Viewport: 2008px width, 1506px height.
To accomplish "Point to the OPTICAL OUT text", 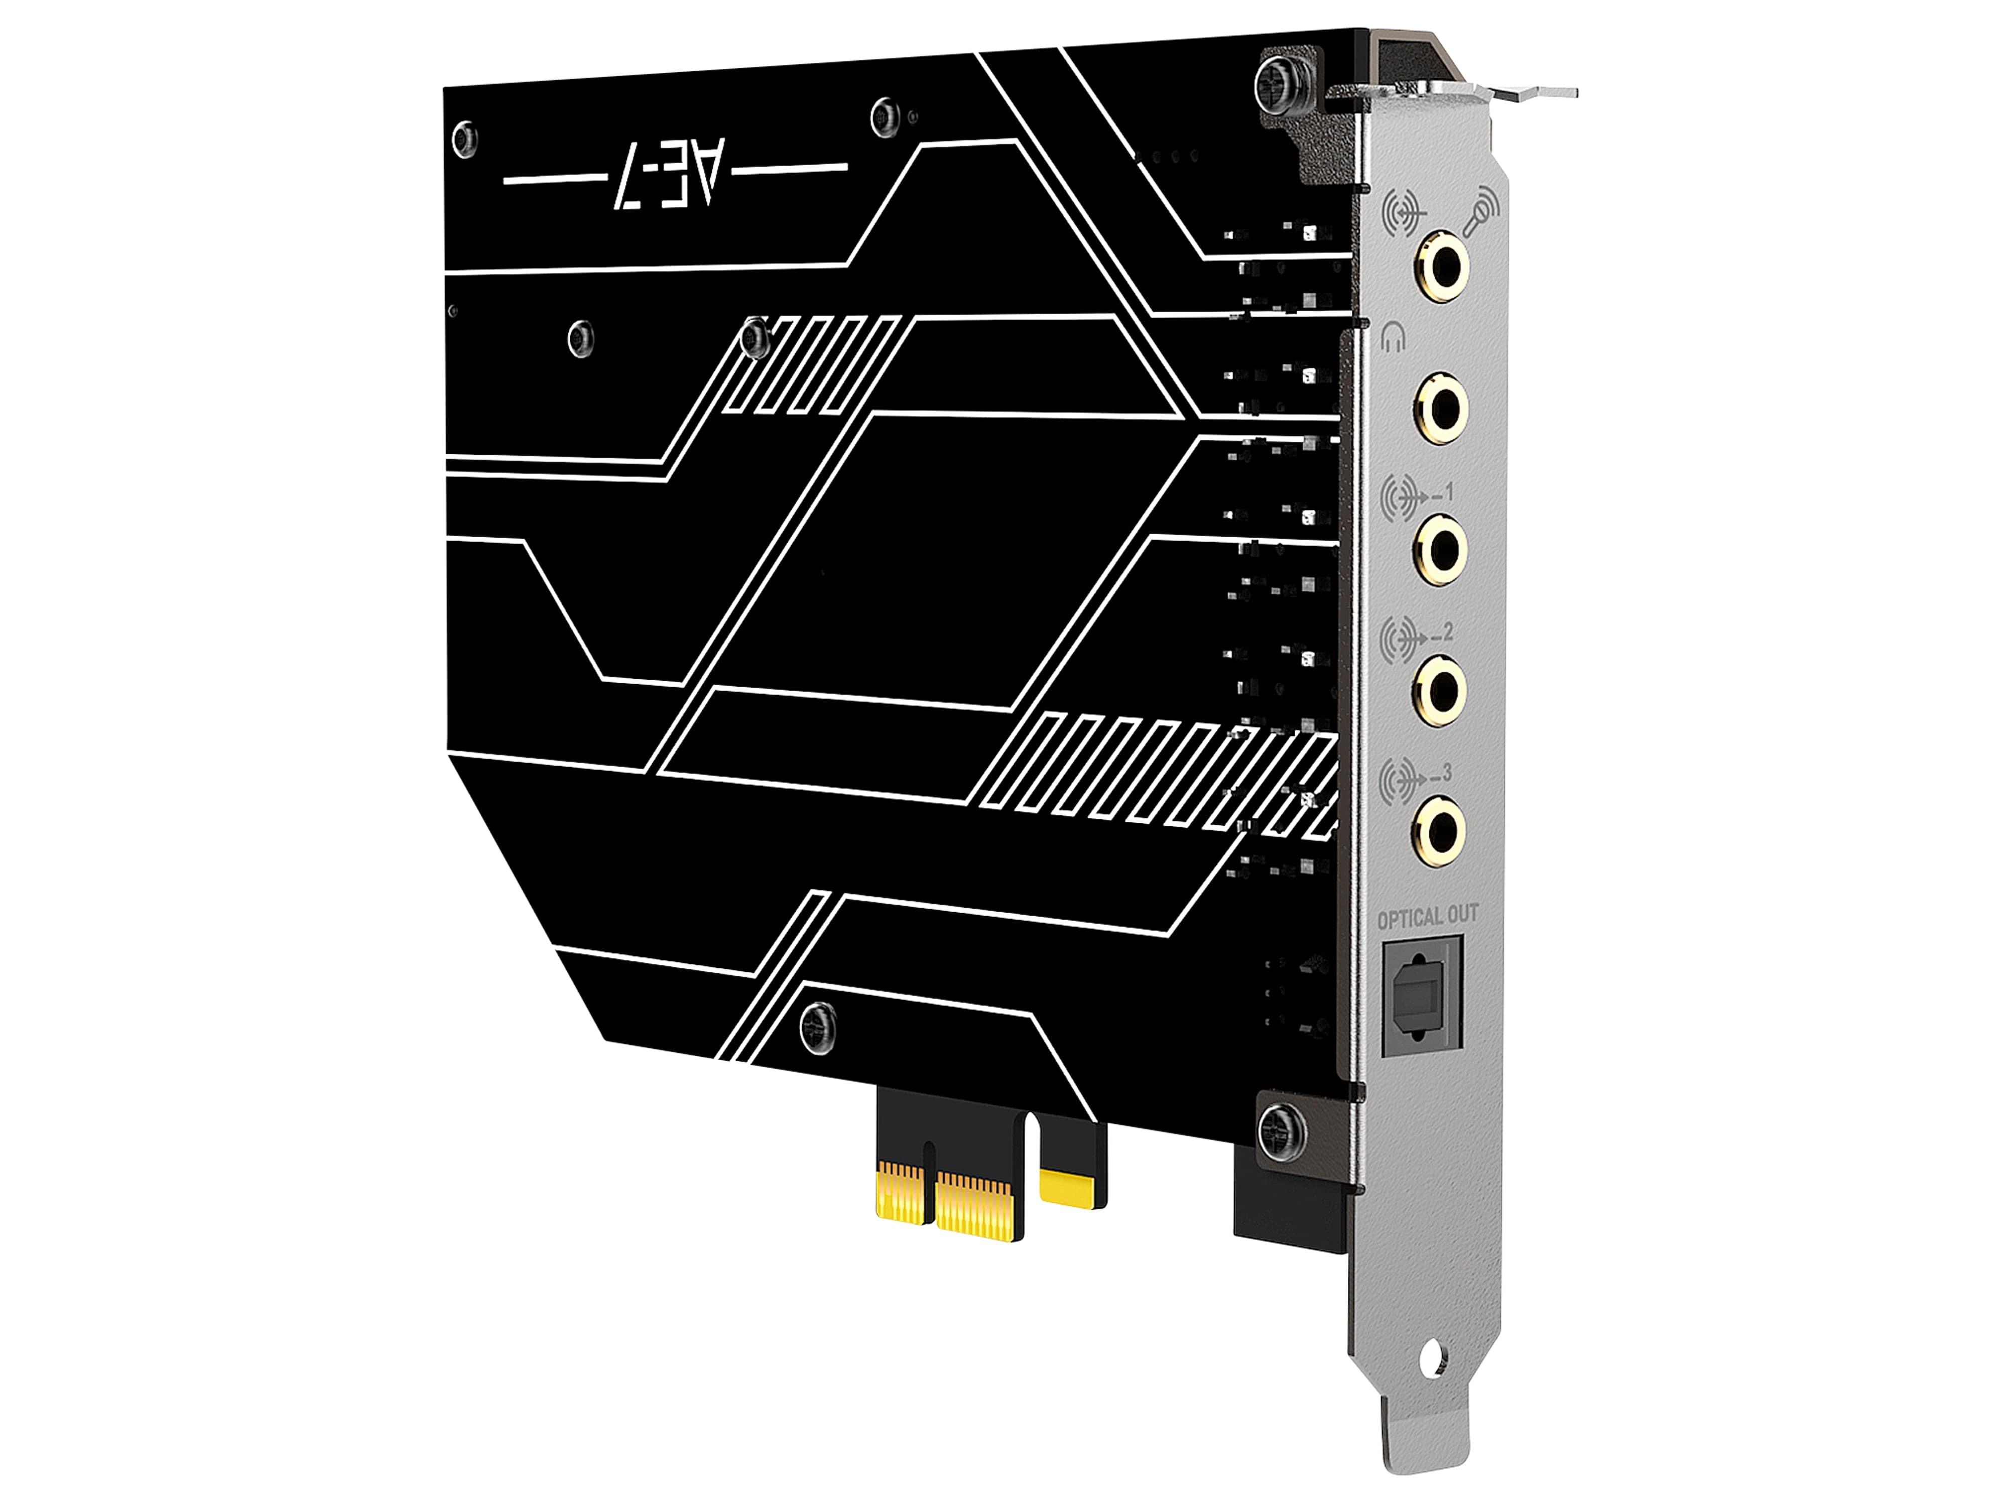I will pyautogui.click(x=1427, y=917).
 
